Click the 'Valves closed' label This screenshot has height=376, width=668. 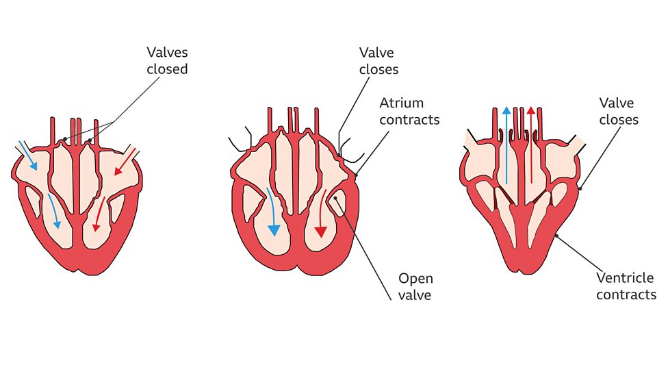point(166,60)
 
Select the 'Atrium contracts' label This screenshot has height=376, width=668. point(410,111)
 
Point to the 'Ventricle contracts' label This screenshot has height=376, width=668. point(626,286)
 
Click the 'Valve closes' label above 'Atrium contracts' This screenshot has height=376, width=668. point(379,60)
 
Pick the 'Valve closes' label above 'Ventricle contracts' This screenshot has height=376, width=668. point(618,111)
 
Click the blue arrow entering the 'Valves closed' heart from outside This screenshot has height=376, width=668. point(28,155)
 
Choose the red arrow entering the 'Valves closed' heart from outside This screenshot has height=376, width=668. point(127,160)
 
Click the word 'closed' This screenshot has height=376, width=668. point(166,69)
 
